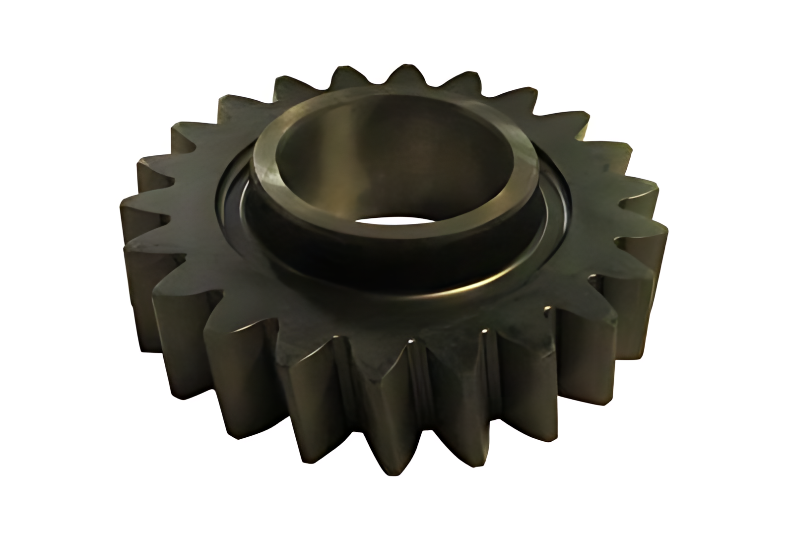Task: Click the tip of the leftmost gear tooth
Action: pos(122,208)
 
